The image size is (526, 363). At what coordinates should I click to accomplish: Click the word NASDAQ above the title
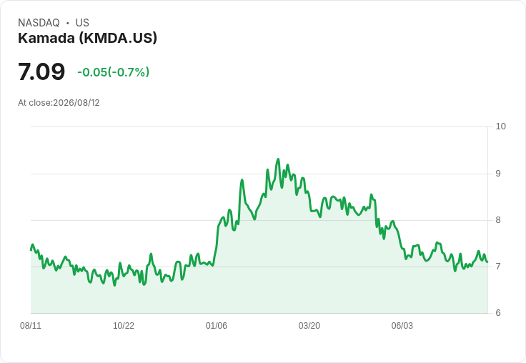tap(39, 23)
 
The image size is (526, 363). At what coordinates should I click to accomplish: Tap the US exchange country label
tap(82, 23)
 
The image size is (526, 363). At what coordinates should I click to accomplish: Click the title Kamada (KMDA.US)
tap(88, 39)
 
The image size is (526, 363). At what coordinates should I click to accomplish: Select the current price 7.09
tap(41, 71)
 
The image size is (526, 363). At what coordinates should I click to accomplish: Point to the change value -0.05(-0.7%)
tap(114, 72)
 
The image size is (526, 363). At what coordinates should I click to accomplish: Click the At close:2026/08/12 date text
tap(59, 103)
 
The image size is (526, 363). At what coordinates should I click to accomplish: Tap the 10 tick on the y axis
tap(500, 126)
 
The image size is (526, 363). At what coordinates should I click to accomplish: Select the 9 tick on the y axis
tap(498, 174)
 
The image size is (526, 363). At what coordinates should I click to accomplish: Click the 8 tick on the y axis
tap(498, 220)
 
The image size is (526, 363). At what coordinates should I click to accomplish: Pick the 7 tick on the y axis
tap(498, 267)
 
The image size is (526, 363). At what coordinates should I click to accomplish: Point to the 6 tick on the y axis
tap(498, 313)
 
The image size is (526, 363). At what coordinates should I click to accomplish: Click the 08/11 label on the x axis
tap(31, 326)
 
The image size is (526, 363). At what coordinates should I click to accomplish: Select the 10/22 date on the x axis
tap(124, 326)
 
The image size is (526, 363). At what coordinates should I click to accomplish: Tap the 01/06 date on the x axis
tap(217, 326)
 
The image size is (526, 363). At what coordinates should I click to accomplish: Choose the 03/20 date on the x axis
tap(309, 326)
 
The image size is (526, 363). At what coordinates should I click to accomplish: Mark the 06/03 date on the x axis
tap(402, 326)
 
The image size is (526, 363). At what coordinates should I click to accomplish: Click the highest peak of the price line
tap(278, 159)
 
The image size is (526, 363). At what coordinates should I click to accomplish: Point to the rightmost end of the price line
tap(487, 262)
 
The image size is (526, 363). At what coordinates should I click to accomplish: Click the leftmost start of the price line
tap(31, 250)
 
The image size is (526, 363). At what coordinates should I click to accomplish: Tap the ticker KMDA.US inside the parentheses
tap(118, 39)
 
